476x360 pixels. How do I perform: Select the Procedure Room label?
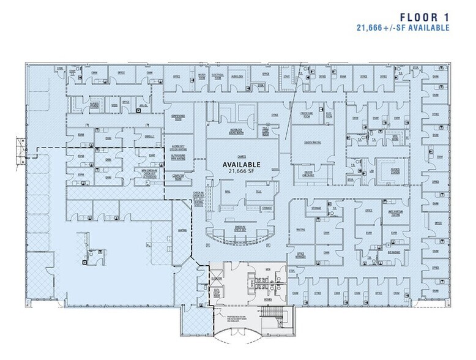point(307,114)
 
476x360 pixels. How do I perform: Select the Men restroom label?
point(267,269)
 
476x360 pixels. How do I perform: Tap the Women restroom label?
point(267,299)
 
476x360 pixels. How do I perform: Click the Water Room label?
point(201,77)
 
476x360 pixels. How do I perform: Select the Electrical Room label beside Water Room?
point(218,77)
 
